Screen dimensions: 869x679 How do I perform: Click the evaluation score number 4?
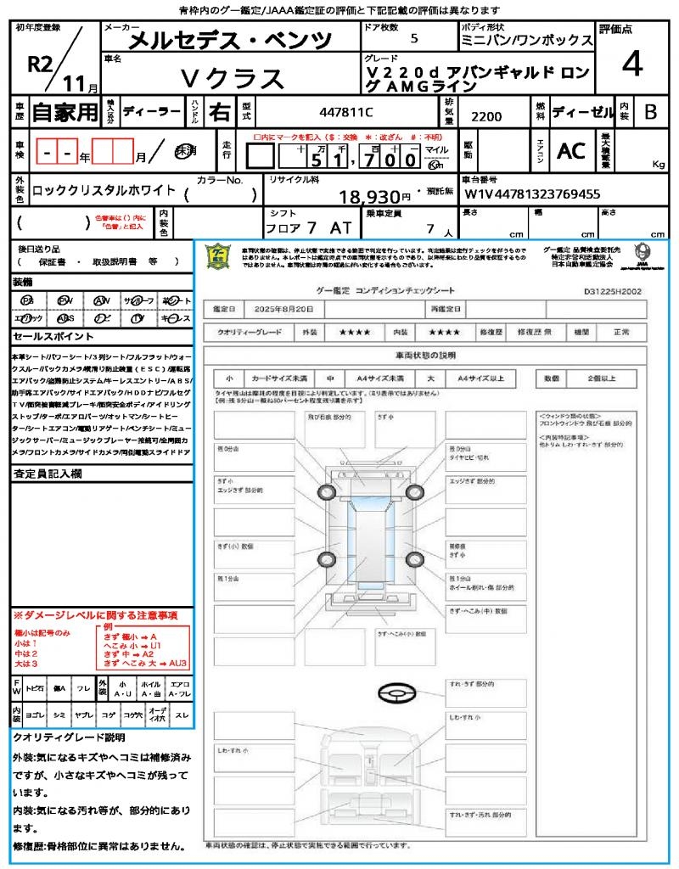(x=631, y=65)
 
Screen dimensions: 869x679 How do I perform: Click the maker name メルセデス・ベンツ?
(x=218, y=40)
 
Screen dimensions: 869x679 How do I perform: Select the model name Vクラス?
(x=233, y=78)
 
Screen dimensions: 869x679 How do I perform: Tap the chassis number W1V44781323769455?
(x=532, y=193)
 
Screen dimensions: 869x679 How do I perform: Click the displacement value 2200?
(x=486, y=117)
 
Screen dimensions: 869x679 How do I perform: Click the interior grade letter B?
(x=650, y=111)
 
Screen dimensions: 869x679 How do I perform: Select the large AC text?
(x=571, y=151)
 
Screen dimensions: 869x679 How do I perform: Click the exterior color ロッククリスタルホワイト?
(x=104, y=191)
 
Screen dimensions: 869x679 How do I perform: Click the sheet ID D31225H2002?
(x=612, y=290)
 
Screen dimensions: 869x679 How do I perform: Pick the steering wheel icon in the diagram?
(x=396, y=693)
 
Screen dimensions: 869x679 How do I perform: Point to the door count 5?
(x=413, y=39)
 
